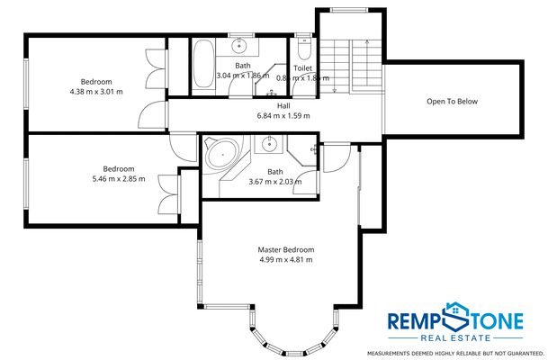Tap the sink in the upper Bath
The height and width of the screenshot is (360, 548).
(240, 45)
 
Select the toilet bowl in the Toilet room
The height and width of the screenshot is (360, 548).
(303, 43)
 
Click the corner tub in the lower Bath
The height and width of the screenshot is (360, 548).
(219, 154)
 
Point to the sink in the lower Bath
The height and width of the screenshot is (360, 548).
(267, 145)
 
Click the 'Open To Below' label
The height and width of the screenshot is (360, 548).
(452, 102)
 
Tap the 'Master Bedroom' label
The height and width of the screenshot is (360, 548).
(286, 249)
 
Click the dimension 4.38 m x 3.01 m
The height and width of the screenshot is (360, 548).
(95, 92)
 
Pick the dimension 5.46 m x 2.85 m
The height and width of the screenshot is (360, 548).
(118, 180)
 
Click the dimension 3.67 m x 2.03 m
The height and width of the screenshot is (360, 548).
(274, 182)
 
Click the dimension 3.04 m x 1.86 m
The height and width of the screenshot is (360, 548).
(242, 76)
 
